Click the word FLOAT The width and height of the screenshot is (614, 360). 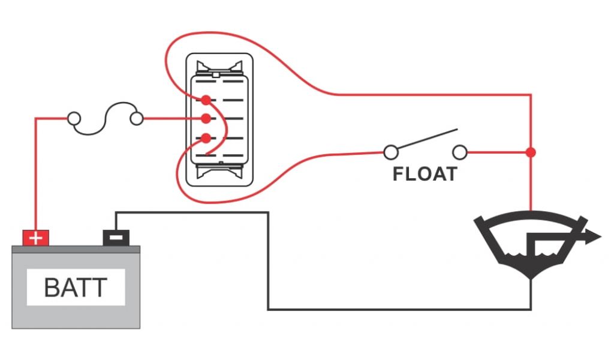click(x=425, y=174)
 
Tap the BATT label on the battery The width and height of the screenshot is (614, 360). click(x=76, y=288)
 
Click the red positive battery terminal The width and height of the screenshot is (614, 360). click(x=36, y=238)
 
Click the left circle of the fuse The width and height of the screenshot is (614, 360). click(x=74, y=118)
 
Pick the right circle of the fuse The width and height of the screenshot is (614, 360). click(x=137, y=118)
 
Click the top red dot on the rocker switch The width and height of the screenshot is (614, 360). click(x=206, y=99)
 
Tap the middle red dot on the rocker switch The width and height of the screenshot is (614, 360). click(x=206, y=118)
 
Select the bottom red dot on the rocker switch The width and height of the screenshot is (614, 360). click(x=206, y=139)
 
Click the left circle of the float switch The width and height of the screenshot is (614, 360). click(x=390, y=152)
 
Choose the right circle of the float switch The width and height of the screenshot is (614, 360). click(x=460, y=152)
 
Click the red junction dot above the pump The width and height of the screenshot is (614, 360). click(x=531, y=152)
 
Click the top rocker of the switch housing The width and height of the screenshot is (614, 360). click(x=220, y=65)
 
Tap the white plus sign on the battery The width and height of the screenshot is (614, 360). click(x=36, y=238)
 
